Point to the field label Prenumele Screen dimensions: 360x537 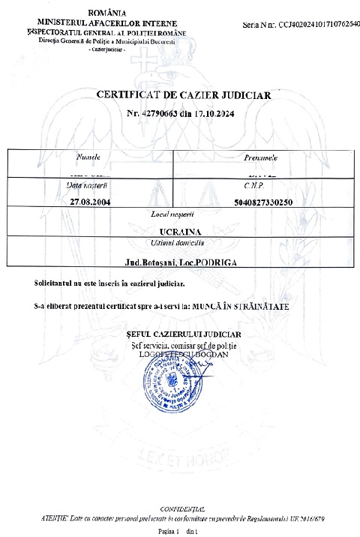click(262, 158)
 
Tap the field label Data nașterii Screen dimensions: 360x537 click(88, 184)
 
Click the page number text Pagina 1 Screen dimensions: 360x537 click(171, 530)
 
